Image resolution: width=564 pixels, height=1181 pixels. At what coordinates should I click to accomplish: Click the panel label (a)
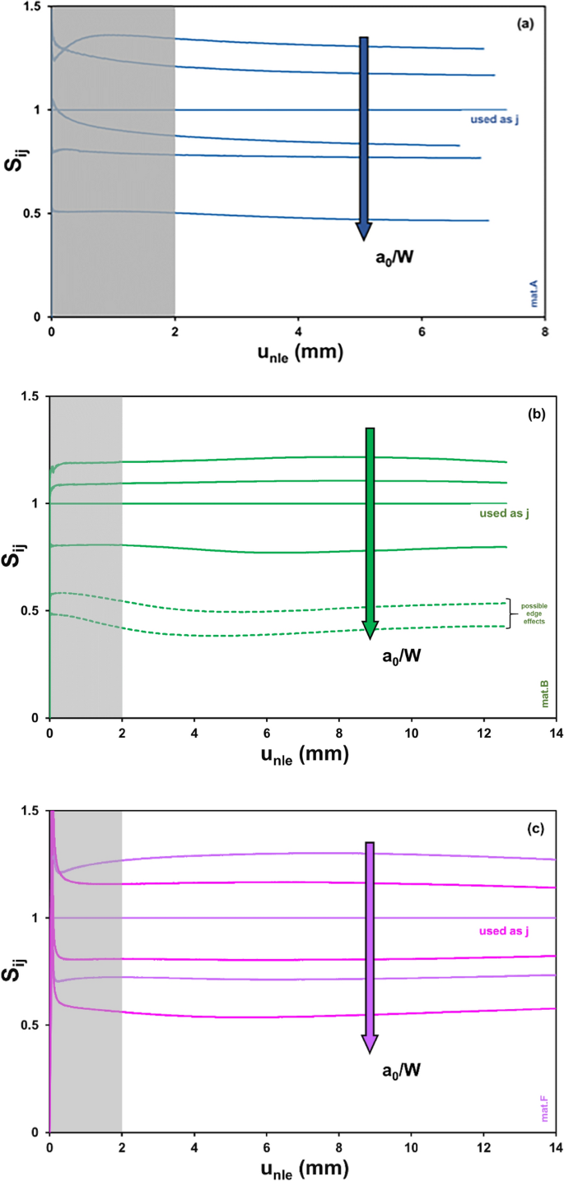click(525, 25)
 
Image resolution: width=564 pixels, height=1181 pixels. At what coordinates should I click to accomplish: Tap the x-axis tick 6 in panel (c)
click(267, 1146)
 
